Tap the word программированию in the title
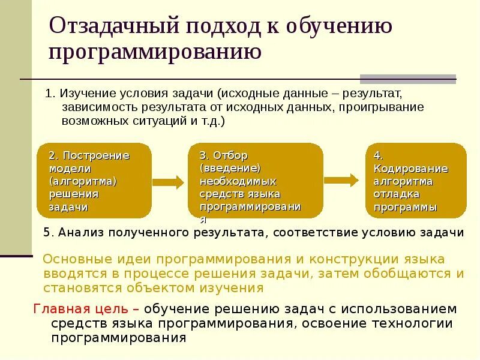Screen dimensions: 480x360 point(155,52)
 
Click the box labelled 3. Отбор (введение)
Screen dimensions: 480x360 point(256,181)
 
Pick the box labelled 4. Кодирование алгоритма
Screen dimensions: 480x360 point(416,181)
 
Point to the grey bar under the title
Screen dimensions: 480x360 point(407,79)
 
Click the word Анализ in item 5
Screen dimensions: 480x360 point(77,233)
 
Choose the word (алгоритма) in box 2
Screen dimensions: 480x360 point(82,181)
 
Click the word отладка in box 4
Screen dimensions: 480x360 point(397,194)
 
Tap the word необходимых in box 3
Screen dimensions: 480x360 point(238,181)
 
